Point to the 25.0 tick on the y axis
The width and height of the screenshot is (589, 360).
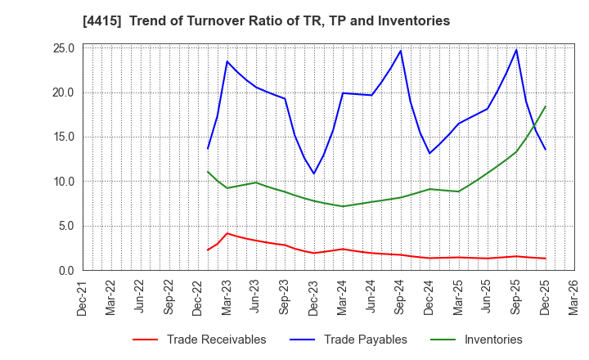pyautogui.click(x=64, y=48)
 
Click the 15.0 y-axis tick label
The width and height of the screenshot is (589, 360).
pyautogui.click(x=64, y=137)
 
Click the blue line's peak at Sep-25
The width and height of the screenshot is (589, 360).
pyautogui.click(x=516, y=50)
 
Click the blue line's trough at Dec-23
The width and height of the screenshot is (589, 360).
pyautogui.click(x=313, y=173)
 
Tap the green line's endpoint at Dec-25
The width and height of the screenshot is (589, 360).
pyautogui.click(x=545, y=106)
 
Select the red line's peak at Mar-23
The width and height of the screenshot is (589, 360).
pyautogui.click(x=227, y=233)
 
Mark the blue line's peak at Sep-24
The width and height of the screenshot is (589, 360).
pyautogui.click(x=401, y=51)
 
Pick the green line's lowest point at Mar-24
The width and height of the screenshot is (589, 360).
pyautogui.click(x=343, y=206)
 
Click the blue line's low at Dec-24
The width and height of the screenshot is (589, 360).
pyautogui.click(x=429, y=153)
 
